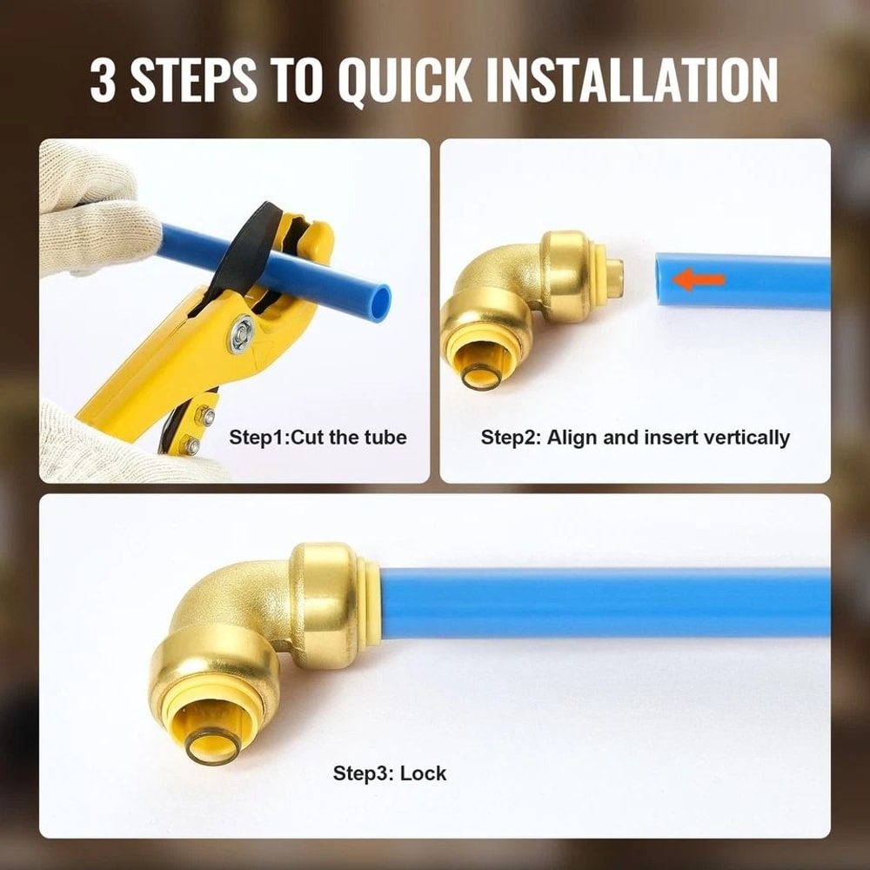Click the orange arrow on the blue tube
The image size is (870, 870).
(x=700, y=280)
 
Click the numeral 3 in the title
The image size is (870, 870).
(x=104, y=80)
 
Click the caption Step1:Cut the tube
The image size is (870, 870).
(x=318, y=437)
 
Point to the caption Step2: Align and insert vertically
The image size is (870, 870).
(x=635, y=437)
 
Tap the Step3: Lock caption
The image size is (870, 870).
(x=389, y=773)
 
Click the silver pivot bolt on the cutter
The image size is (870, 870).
(x=241, y=335)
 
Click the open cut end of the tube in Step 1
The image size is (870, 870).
(x=379, y=301)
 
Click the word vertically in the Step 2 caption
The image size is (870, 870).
(x=748, y=437)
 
